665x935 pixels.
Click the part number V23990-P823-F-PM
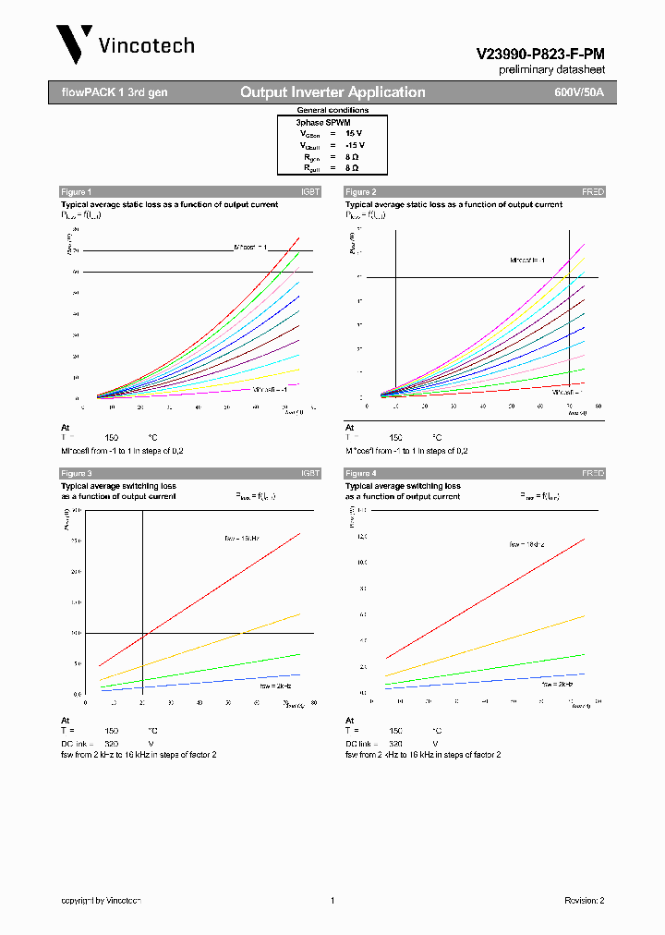[540, 55]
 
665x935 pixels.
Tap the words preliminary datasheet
[551, 70]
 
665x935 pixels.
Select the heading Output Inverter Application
[332, 92]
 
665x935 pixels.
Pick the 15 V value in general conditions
[355, 134]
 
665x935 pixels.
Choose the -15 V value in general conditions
[355, 146]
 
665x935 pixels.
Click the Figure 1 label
[77, 192]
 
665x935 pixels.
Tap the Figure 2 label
[361, 192]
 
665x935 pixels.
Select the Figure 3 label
[77, 473]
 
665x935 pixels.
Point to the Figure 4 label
[361, 473]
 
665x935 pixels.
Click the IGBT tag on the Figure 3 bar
[309, 473]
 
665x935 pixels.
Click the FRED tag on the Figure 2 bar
[592, 192]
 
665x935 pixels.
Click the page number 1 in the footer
[331, 900]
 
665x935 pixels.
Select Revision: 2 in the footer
[584, 900]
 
